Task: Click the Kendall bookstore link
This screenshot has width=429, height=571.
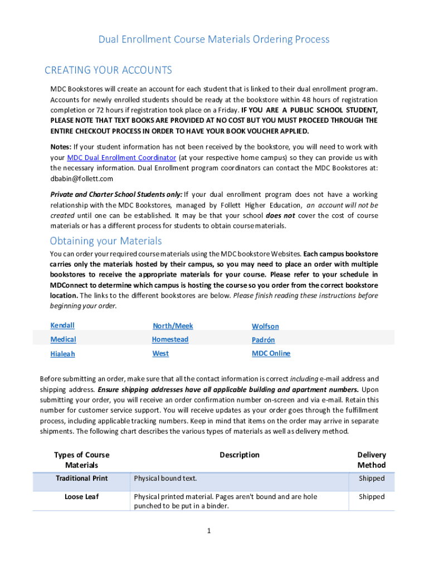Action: [x=62, y=325]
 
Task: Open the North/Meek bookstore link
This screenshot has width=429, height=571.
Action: [x=173, y=326]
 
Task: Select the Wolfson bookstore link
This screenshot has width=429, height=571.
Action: [x=265, y=326]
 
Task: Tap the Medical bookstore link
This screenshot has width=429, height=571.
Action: [x=63, y=339]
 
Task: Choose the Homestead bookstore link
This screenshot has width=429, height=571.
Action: [x=170, y=339]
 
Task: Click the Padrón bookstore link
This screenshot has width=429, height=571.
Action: [x=263, y=340]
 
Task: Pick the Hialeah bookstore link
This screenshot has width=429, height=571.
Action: [x=62, y=354]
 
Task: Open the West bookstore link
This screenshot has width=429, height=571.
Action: [x=160, y=354]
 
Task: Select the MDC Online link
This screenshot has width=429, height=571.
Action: [x=271, y=354]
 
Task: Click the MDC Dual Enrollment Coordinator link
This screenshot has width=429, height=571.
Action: [x=121, y=157]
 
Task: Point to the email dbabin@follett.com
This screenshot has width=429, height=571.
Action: [x=82, y=178]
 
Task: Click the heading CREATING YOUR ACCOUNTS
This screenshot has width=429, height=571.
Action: [x=108, y=70]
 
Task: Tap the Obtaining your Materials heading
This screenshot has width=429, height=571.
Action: [x=106, y=241]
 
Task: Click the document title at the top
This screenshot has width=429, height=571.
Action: [x=214, y=39]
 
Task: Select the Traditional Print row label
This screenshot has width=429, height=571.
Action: [x=82, y=478]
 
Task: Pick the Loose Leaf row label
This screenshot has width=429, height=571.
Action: [x=82, y=496]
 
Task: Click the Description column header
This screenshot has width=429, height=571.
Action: [x=240, y=455]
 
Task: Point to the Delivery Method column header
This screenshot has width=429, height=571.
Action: [x=372, y=459]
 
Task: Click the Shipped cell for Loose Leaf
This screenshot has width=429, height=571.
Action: [x=372, y=496]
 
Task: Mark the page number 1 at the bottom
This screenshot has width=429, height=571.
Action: [x=208, y=531]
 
